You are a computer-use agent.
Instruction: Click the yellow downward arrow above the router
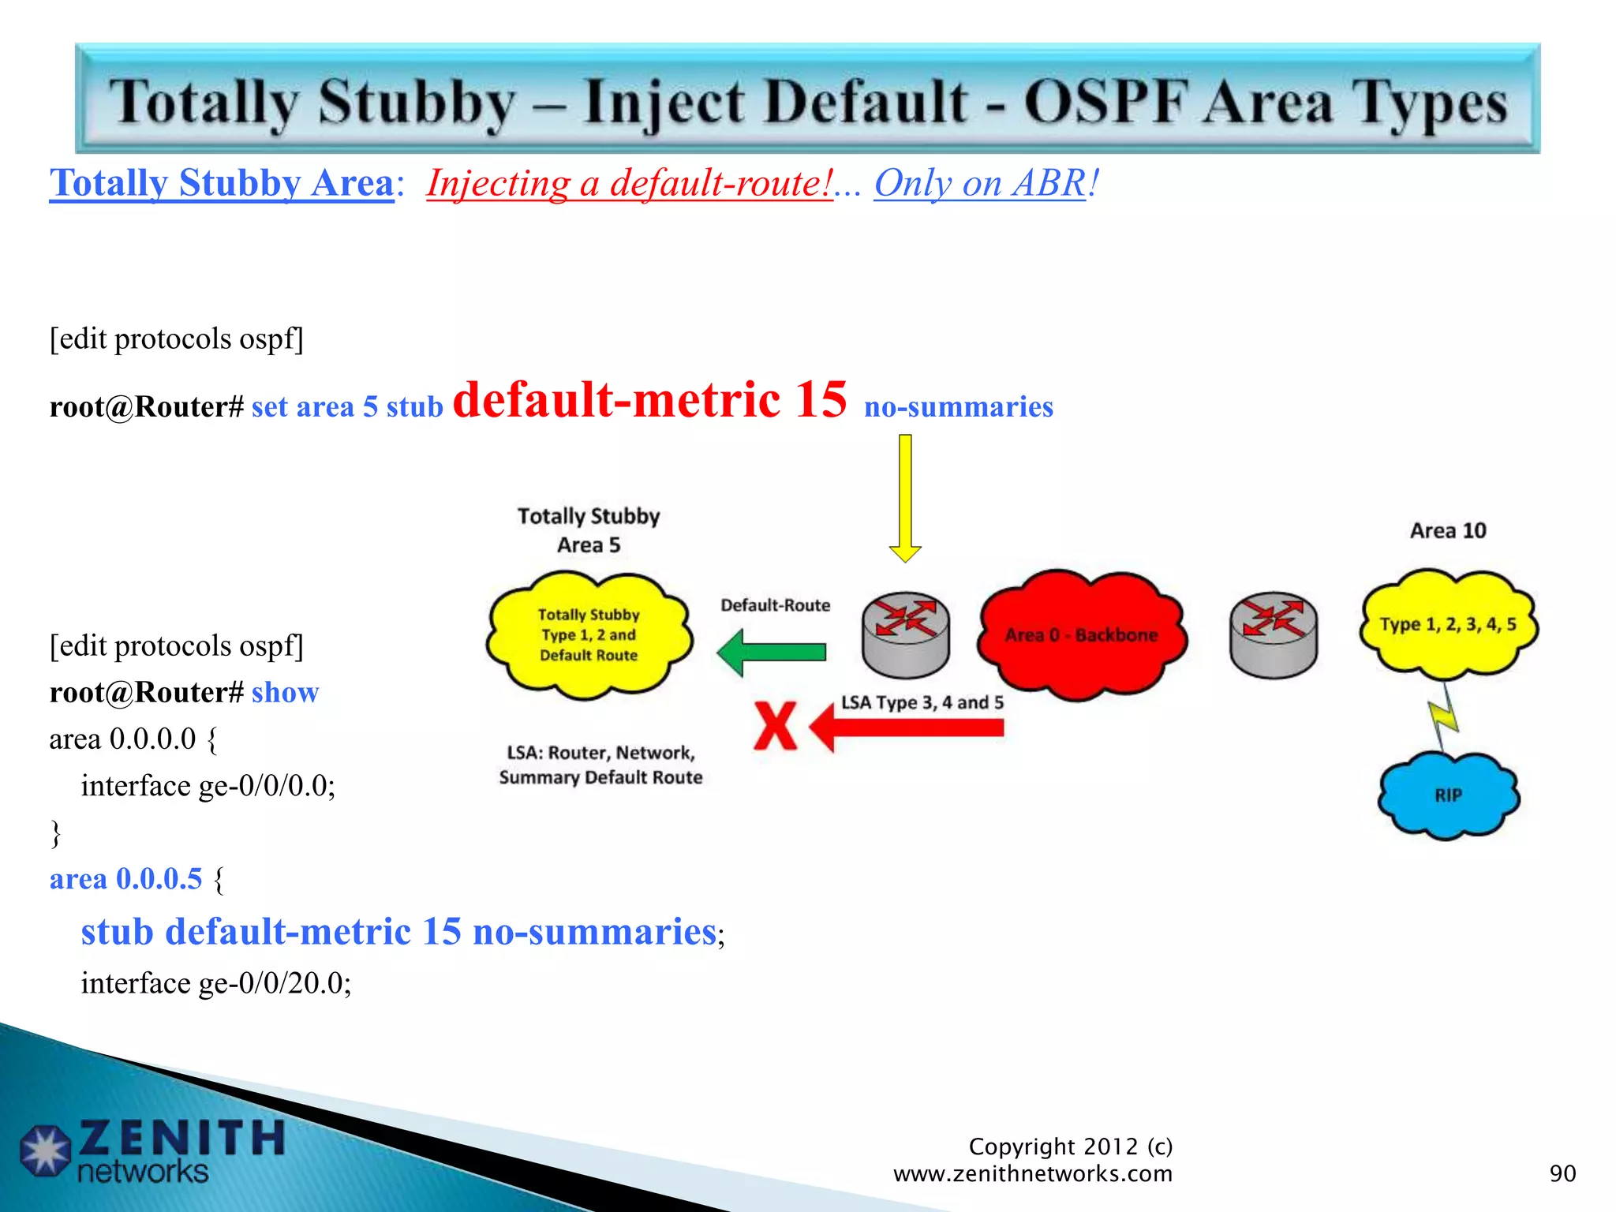pos(905,497)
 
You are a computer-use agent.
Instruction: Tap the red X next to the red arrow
pos(774,726)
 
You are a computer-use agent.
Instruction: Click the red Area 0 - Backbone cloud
pos(1081,635)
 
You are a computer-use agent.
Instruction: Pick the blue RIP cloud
pos(1448,795)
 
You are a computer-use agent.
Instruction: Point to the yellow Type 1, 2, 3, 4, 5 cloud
pos(1448,624)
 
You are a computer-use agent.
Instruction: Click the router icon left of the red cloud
pos(906,634)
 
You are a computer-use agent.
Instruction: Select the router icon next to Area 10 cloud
pos(1273,634)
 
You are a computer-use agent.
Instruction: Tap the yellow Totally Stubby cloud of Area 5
pos(589,635)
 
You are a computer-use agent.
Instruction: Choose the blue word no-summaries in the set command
pos(958,407)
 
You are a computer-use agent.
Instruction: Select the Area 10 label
pos(1448,530)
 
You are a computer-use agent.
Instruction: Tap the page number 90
pos(1562,1173)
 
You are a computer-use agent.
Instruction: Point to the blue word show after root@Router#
pos(285,693)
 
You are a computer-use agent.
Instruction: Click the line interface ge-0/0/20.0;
pos(215,983)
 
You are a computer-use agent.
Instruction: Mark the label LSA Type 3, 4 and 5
pos(922,702)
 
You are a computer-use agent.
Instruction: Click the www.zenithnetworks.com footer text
pos(1032,1174)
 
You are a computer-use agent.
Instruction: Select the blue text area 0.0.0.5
pos(125,879)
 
